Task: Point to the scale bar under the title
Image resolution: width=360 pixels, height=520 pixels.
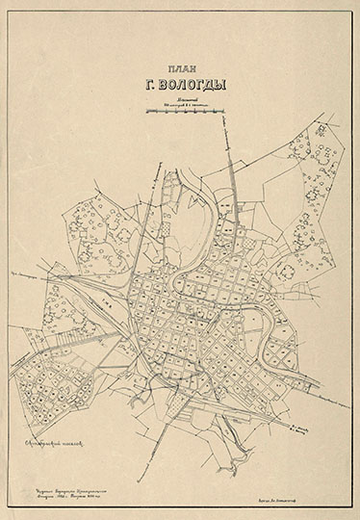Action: (186, 112)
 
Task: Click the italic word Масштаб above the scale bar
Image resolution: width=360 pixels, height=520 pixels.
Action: (185, 99)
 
